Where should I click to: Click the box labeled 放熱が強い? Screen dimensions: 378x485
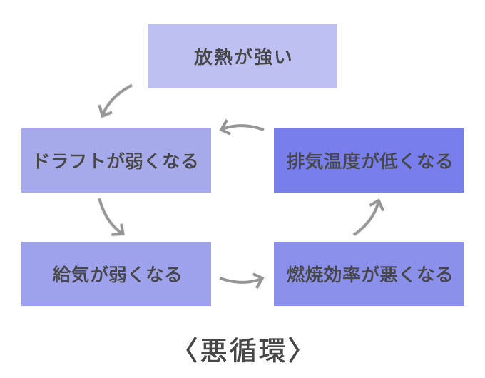click(x=242, y=56)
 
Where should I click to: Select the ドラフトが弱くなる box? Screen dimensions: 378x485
click(x=116, y=160)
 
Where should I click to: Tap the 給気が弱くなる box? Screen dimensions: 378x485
click(x=116, y=274)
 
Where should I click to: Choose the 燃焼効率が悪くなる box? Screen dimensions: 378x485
click(x=368, y=274)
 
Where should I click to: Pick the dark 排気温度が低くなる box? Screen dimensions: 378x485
click(x=368, y=160)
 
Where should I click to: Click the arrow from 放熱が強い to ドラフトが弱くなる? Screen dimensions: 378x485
click(x=115, y=101)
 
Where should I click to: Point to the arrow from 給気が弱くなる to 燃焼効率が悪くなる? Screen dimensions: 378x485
click(x=242, y=280)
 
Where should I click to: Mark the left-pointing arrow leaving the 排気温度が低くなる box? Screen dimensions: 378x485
click(x=242, y=127)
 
